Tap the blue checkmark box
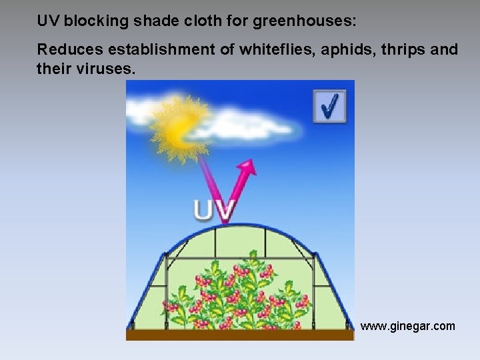pyautogui.click(x=330, y=106)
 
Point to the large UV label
pyautogui.click(x=214, y=209)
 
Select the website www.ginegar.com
pyautogui.click(x=408, y=326)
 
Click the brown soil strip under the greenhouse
pyautogui.click(x=240, y=335)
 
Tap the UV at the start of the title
pyautogui.click(x=47, y=21)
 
